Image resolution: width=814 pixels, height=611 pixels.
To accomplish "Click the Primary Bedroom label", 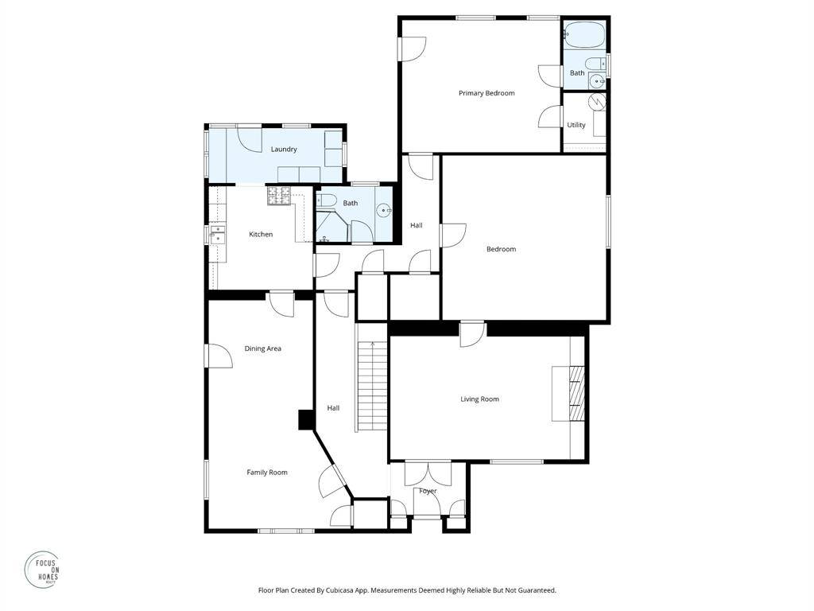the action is pyautogui.click(x=486, y=94).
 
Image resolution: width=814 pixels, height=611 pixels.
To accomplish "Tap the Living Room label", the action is pyautogui.click(x=479, y=399).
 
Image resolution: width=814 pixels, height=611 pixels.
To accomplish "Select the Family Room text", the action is pyautogui.click(x=267, y=473).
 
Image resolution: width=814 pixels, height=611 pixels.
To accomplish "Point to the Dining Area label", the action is pyautogui.click(x=262, y=348).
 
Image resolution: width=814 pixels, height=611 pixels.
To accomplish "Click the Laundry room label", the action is pyautogui.click(x=284, y=149).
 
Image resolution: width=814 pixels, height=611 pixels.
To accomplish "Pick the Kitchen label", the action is pyautogui.click(x=261, y=235).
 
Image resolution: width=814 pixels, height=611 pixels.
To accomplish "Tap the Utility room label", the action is pyautogui.click(x=576, y=125).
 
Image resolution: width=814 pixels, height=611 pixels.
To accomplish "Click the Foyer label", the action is pyautogui.click(x=428, y=491).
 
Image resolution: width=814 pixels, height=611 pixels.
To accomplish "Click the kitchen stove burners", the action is pyautogui.click(x=279, y=196).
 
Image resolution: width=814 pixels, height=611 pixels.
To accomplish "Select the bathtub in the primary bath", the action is pyautogui.click(x=584, y=34).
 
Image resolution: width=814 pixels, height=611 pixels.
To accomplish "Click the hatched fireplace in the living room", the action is pyautogui.click(x=577, y=393).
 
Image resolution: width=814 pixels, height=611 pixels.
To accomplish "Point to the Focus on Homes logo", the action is pyautogui.click(x=43, y=570).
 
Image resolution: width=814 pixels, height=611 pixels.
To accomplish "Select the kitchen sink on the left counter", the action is pyautogui.click(x=218, y=235).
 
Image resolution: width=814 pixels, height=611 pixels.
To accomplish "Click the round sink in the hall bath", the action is pyautogui.click(x=384, y=210).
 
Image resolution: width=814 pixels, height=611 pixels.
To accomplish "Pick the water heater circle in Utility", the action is pyautogui.click(x=599, y=101).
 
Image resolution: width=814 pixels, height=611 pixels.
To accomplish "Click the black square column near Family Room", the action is pyautogui.click(x=306, y=420).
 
